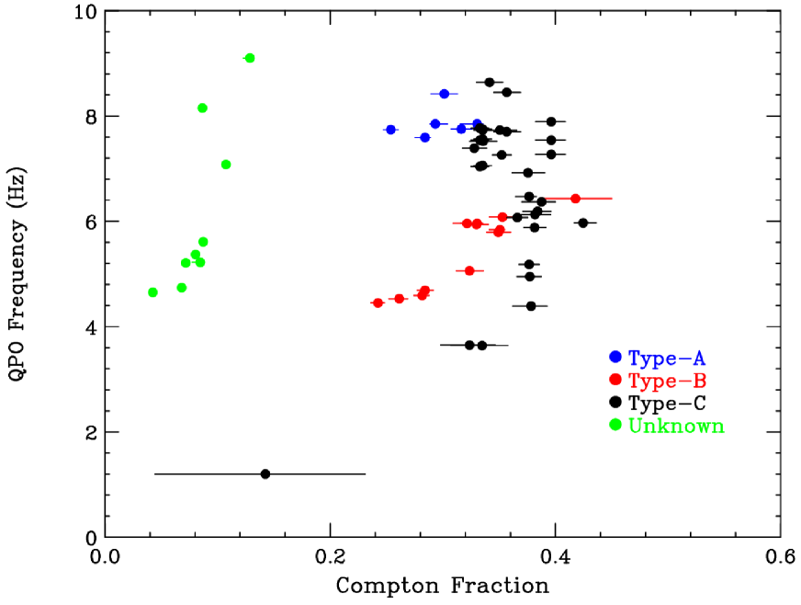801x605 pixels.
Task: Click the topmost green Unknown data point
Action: click(250, 58)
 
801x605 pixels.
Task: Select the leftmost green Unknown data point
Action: click(152, 292)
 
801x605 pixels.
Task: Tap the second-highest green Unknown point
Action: click(202, 108)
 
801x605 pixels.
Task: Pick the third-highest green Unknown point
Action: click(226, 165)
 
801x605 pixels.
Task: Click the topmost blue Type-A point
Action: click(444, 94)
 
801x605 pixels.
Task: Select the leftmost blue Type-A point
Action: click(390, 130)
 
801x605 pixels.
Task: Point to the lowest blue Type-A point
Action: click(424, 137)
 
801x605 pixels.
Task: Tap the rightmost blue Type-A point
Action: click(477, 122)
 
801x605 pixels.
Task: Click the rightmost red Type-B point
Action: click(576, 199)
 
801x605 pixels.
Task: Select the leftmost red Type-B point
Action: click(378, 302)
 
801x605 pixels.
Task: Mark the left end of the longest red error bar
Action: click(546, 199)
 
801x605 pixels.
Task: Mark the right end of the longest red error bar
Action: click(613, 199)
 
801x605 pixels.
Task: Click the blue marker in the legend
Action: click(615, 357)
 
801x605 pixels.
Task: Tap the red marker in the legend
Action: click(615, 379)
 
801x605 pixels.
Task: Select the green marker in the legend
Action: click(615, 424)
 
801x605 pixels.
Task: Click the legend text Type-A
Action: click(667, 359)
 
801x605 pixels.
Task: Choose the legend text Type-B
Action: click(667, 381)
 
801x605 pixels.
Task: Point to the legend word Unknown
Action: click(676, 426)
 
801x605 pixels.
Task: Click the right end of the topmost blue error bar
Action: click(458, 94)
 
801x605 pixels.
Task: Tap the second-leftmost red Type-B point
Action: click(399, 299)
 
